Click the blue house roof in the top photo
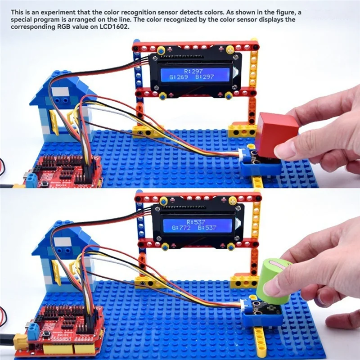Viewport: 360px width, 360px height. coord(63,88)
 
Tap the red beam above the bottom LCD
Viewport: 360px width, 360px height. coord(198,197)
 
